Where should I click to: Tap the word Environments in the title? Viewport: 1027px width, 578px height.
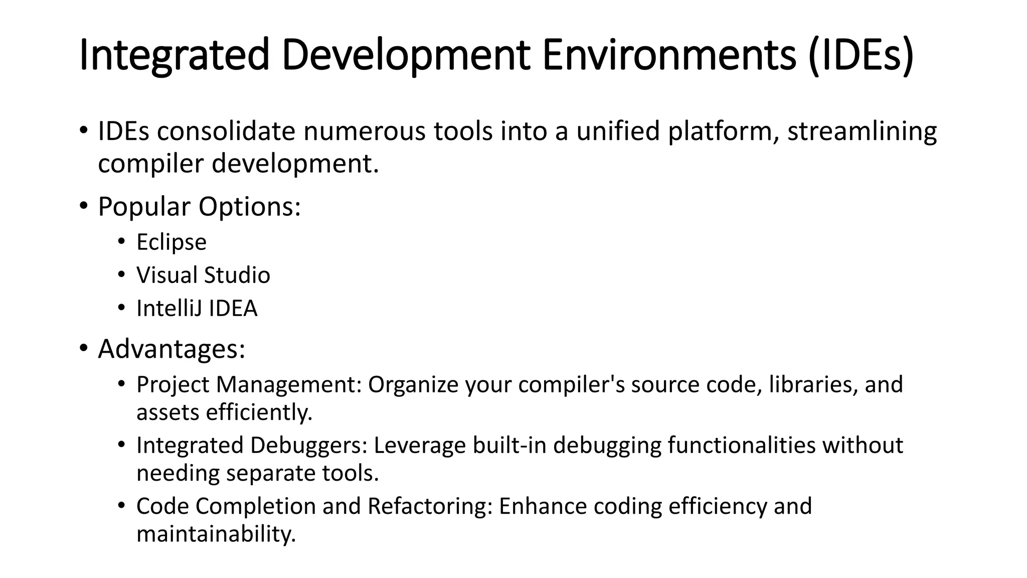[x=669, y=55]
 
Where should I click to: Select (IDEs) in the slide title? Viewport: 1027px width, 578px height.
[x=861, y=55]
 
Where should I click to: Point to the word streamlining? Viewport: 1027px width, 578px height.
[x=862, y=131]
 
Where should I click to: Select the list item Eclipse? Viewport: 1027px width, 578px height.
[x=172, y=242]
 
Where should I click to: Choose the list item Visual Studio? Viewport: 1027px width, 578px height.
[x=203, y=275]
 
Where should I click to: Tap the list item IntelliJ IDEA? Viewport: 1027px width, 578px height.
[x=197, y=308]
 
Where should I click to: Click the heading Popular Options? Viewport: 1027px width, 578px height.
[x=199, y=206]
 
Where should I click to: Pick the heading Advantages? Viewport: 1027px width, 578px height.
[x=172, y=349]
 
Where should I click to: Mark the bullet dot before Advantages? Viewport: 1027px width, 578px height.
[x=83, y=348]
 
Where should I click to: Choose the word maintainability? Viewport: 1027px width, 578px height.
[x=216, y=534]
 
